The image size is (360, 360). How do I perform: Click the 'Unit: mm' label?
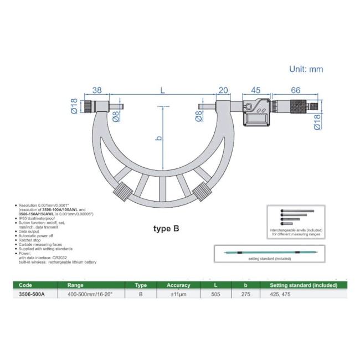tap(306, 69)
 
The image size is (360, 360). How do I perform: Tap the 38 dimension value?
tap(97, 90)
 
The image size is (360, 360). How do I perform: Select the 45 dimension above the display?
tap(255, 90)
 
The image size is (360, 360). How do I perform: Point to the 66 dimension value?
tap(296, 90)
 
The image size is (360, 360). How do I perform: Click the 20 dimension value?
tap(223, 90)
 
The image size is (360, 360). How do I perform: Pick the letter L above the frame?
tap(162, 90)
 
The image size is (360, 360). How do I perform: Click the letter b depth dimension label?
tap(159, 138)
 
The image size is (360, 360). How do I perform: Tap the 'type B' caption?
tap(166, 228)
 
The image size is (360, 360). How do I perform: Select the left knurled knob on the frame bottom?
tap(123, 192)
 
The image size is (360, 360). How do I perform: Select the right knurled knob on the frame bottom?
tap(202, 192)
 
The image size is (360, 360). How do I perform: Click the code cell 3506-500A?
tap(32, 294)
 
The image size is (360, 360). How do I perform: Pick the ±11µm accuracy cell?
tap(178, 294)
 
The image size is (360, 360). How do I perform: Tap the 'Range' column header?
tap(75, 285)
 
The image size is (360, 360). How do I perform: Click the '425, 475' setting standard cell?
tap(280, 294)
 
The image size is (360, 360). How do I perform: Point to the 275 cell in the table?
tap(246, 294)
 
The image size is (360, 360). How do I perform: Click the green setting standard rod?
tap(271, 253)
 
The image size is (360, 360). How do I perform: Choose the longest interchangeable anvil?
tap(297, 211)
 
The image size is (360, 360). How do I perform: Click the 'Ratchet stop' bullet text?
tap(29, 240)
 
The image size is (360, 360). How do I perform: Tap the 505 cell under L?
tap(215, 294)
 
